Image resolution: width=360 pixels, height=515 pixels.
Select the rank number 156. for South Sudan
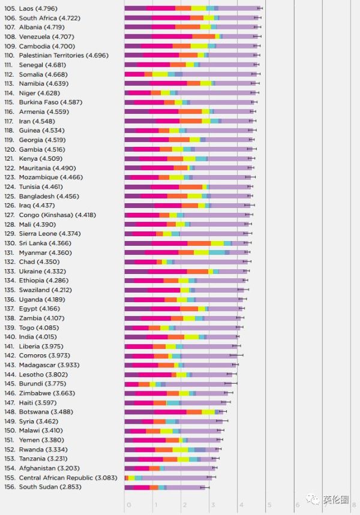click(x=10, y=487)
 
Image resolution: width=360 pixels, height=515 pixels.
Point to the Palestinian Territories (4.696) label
click(x=64, y=55)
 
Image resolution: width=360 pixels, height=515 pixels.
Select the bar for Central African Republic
click(x=168, y=478)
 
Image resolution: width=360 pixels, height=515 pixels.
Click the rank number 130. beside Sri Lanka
click(x=10, y=243)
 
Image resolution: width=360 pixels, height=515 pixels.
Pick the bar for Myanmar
click(x=186, y=252)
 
